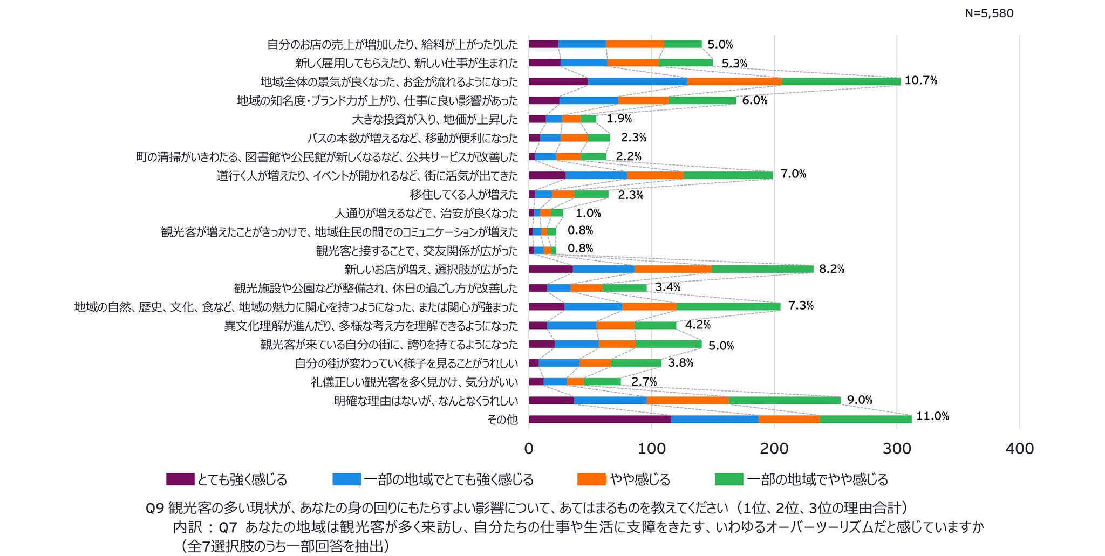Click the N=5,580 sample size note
pyautogui.click(x=989, y=13)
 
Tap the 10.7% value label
pyautogui.click(x=921, y=81)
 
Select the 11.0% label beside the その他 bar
pyautogui.click(x=932, y=416)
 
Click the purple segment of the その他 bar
pyautogui.click(x=600, y=419)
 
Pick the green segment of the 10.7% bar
pyautogui.click(x=841, y=82)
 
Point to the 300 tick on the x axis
pyautogui.click(x=897, y=449)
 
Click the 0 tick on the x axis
pyautogui.click(x=529, y=449)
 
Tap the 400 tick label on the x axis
pyautogui.click(x=1020, y=449)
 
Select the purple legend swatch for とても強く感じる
pyautogui.click(x=180, y=479)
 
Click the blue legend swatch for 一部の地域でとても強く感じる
pyautogui.click(x=346, y=479)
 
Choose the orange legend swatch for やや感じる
pyautogui.click(x=591, y=479)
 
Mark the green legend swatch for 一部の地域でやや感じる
pyautogui.click(x=729, y=479)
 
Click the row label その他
pyautogui.click(x=502, y=420)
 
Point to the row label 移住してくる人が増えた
pyautogui.click(x=463, y=194)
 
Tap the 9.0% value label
pyautogui.click(x=860, y=400)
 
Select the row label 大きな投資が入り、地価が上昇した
pyautogui.click(x=435, y=119)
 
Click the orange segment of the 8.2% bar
pyautogui.click(x=673, y=269)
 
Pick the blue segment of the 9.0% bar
pyautogui.click(x=610, y=401)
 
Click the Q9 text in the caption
pyautogui.click(x=155, y=509)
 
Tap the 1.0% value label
pyautogui.click(x=588, y=214)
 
